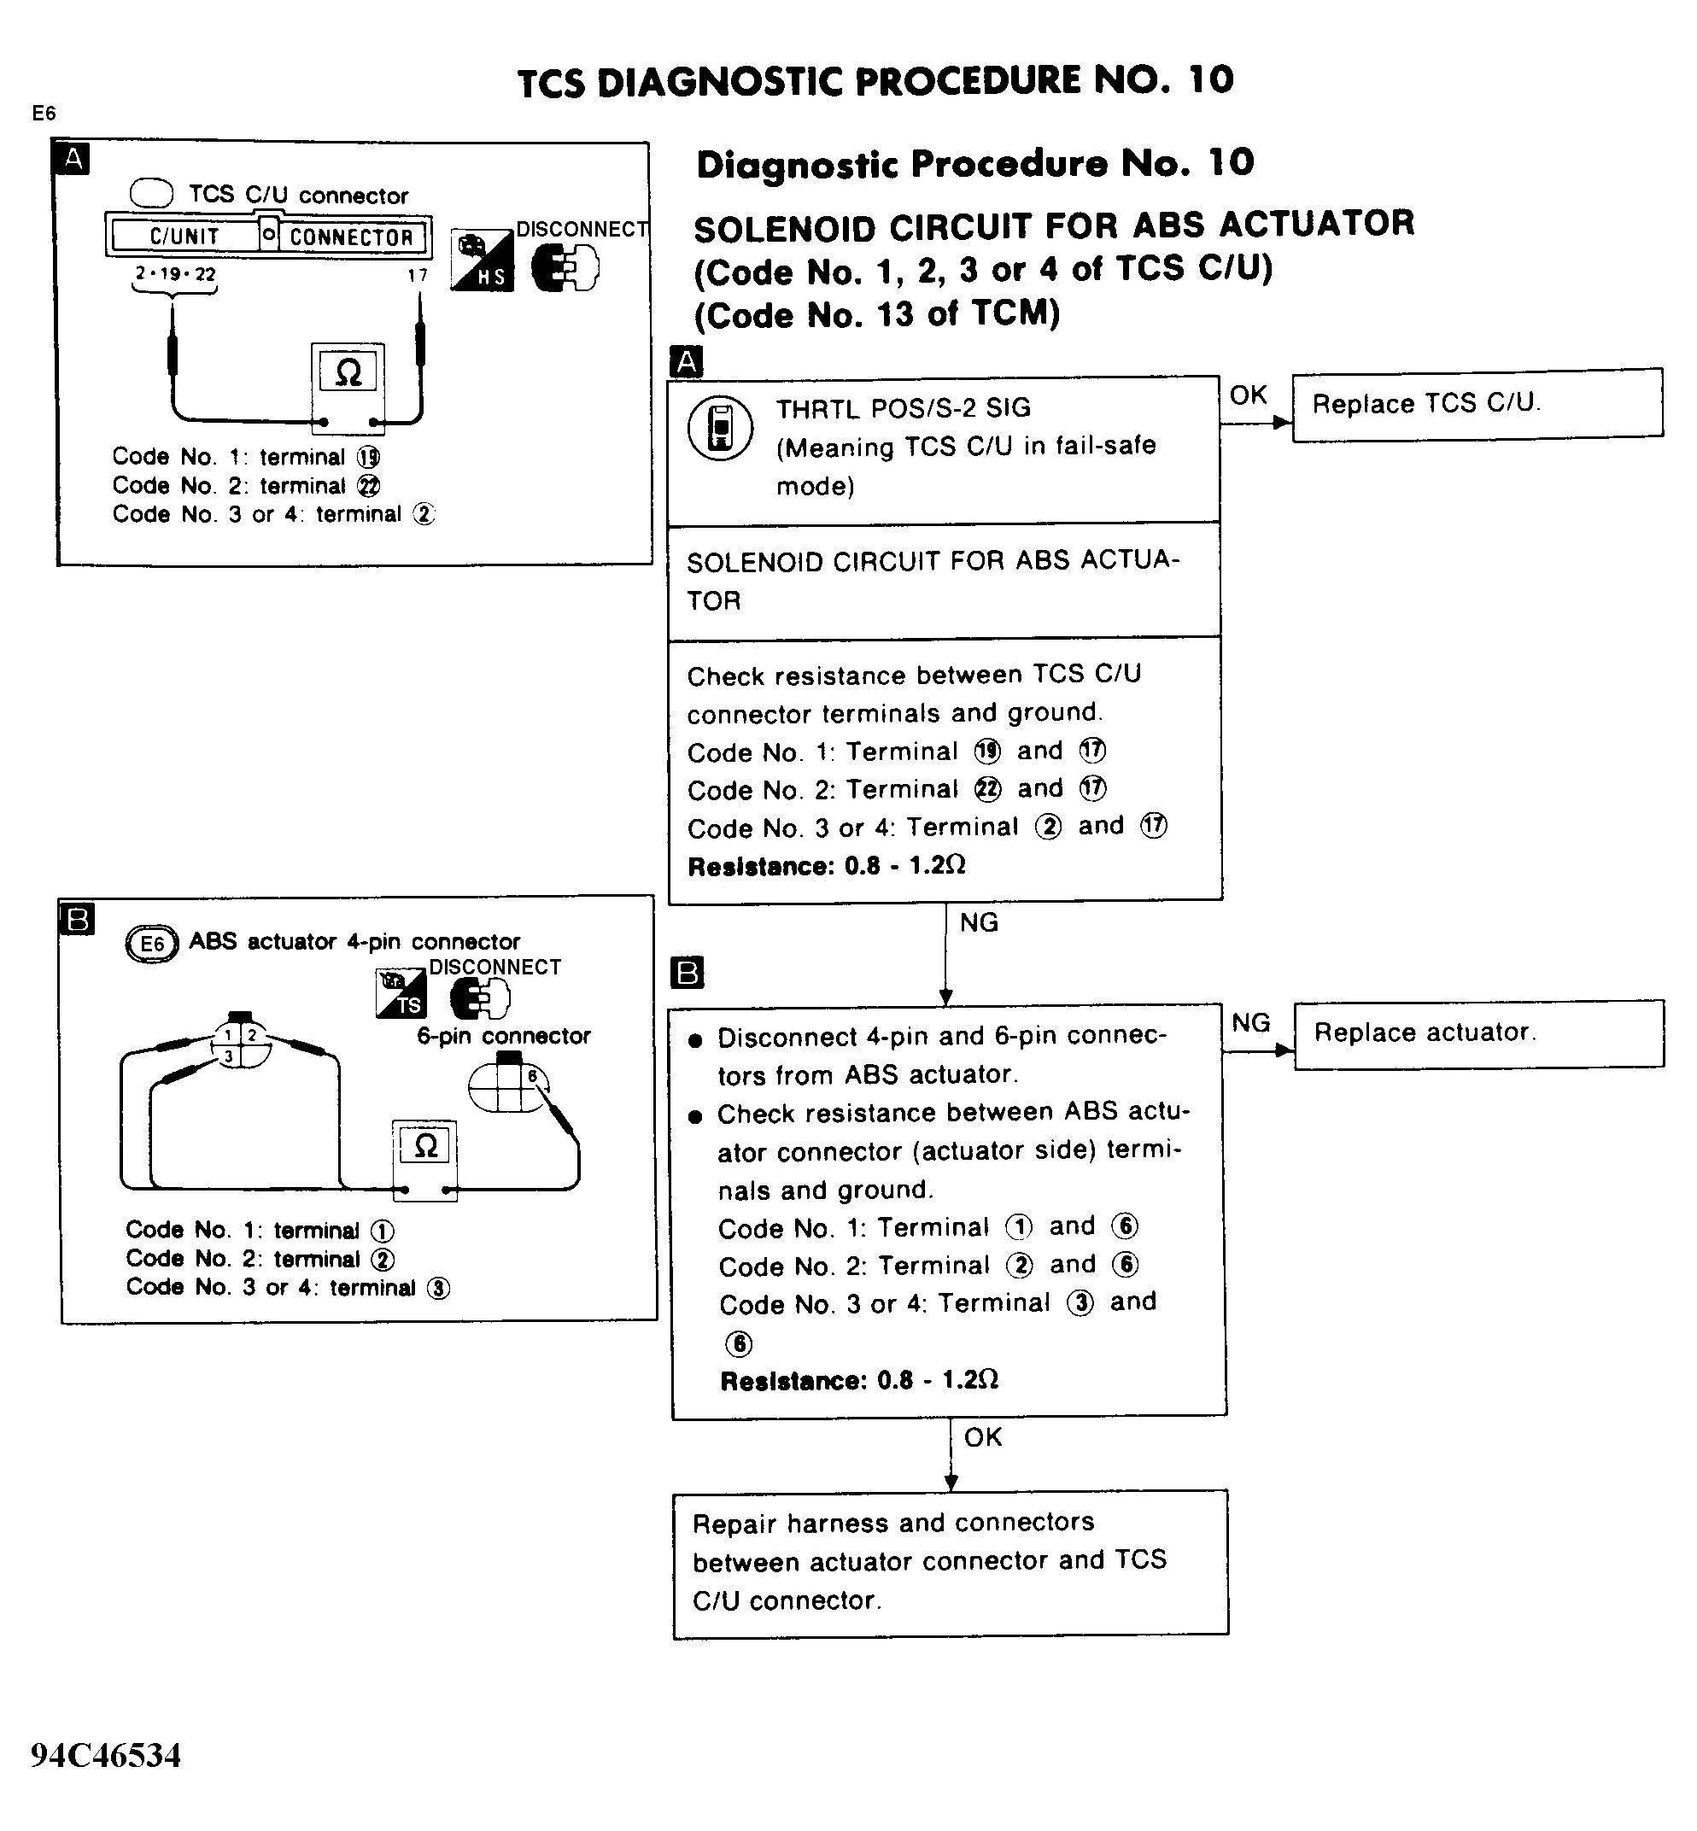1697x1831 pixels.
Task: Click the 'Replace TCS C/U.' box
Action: tap(1477, 404)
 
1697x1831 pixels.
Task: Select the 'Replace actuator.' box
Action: tap(1478, 1033)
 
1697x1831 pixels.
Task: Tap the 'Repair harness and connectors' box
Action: tap(951, 1561)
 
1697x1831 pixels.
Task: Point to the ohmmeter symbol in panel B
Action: tap(425, 1146)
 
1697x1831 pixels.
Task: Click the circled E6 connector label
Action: tap(151, 944)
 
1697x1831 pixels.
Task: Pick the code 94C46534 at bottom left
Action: tap(106, 1754)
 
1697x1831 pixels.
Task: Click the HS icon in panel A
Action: tap(482, 260)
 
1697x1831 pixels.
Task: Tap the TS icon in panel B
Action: tap(401, 993)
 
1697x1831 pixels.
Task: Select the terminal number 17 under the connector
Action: tap(418, 274)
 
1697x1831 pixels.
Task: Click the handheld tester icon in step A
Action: tap(720, 428)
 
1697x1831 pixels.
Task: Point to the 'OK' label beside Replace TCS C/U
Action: tap(1248, 395)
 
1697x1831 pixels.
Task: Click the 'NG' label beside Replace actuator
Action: tap(1250, 1023)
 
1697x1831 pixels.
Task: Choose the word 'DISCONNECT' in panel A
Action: tap(582, 230)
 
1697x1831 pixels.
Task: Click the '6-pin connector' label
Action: tap(503, 1036)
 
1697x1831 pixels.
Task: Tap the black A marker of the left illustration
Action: tap(73, 159)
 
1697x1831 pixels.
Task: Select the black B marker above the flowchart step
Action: tap(688, 973)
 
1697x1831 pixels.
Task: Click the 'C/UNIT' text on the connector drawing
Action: tap(184, 237)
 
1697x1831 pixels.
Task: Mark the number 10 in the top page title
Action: tap(1210, 81)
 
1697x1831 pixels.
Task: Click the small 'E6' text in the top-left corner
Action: tap(44, 113)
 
